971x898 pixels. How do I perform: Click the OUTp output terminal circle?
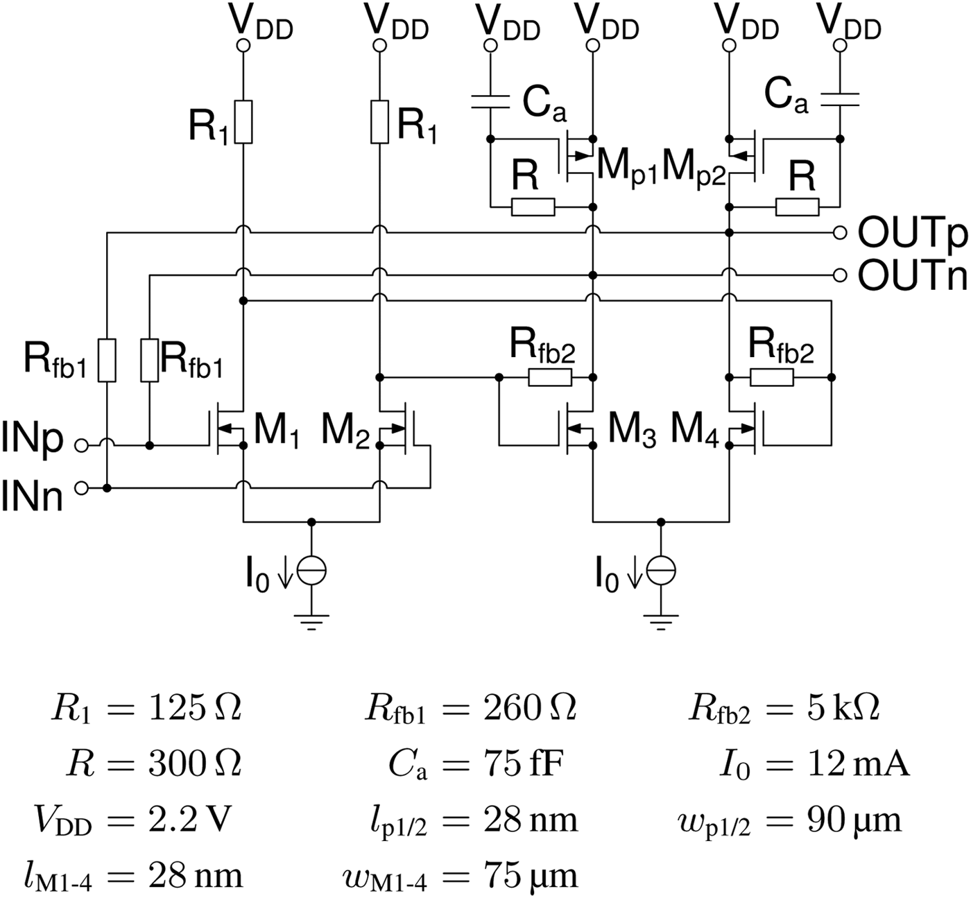click(840, 233)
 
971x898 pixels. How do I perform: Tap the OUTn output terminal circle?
click(840, 275)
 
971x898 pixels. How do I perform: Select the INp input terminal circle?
click(82, 446)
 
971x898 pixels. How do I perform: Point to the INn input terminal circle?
click(82, 489)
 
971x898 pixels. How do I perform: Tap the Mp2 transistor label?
click(694, 168)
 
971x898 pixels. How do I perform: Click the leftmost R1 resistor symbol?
click(243, 122)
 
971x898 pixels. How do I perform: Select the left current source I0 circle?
click(311, 570)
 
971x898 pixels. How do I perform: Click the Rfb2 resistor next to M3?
click(550, 377)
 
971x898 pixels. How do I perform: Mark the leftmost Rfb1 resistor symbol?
click(107, 360)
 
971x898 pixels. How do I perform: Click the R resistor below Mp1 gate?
click(533, 207)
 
